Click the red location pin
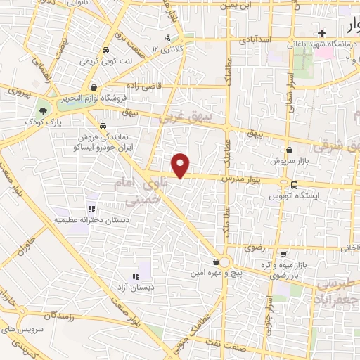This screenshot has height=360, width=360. (181, 165)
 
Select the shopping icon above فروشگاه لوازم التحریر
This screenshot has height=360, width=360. (94, 88)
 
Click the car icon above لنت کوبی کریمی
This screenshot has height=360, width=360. (105, 51)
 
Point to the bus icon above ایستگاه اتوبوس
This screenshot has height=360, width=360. (292, 186)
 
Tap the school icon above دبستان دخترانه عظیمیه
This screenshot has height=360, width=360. (91, 209)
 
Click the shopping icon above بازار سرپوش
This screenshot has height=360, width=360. (289, 150)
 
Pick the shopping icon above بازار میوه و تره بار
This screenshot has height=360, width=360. (282, 254)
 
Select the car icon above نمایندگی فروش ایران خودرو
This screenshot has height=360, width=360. (103, 127)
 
